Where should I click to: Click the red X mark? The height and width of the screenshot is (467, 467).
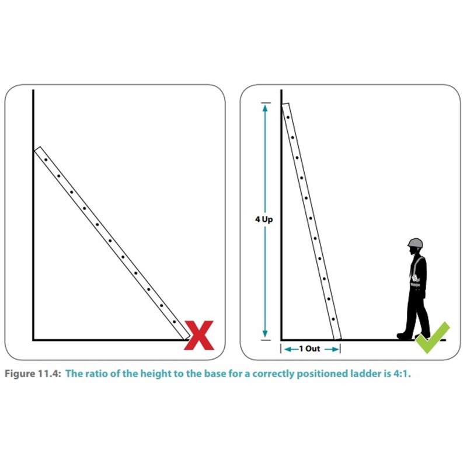point(199,335)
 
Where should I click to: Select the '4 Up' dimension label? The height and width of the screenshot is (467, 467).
point(264,219)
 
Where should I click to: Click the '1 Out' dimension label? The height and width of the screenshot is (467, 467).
point(309,348)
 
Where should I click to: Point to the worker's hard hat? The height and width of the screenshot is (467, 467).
point(415,243)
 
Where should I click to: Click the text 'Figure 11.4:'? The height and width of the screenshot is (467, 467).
point(33,374)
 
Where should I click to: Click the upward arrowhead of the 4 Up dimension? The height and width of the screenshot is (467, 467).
point(265,108)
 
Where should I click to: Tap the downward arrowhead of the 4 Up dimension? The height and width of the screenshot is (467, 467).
point(265,334)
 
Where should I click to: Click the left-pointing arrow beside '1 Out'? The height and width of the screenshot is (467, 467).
point(291,349)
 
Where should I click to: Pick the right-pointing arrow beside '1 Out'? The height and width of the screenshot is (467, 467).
point(332,349)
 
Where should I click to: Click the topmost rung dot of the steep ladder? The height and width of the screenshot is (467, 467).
point(288,117)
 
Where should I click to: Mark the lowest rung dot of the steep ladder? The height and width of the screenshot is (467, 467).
point(333,319)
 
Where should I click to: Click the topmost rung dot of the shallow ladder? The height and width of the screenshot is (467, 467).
point(46,159)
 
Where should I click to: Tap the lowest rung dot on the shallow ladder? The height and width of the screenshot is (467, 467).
point(174,322)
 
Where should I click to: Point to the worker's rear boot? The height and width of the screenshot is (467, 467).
point(404,335)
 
